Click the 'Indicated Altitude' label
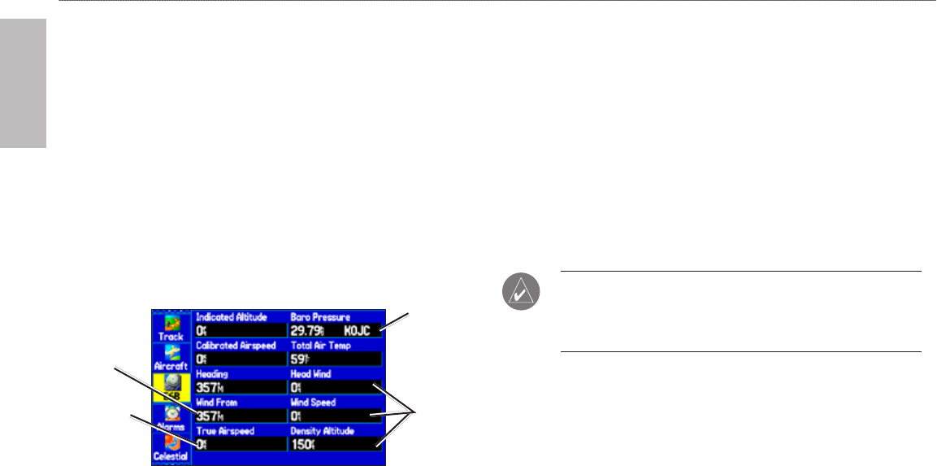[x=230, y=316]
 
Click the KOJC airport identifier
[x=360, y=330]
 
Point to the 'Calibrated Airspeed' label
[x=236, y=345]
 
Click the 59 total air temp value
[x=300, y=359]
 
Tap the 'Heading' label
[x=210, y=373]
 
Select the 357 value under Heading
[x=208, y=387]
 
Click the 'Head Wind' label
[x=312, y=373]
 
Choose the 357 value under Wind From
[x=208, y=416]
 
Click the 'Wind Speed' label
[x=314, y=402]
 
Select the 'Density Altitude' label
[x=323, y=430]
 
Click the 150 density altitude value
[x=302, y=444]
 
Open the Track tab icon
[x=171, y=326]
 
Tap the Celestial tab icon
[x=171, y=448]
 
